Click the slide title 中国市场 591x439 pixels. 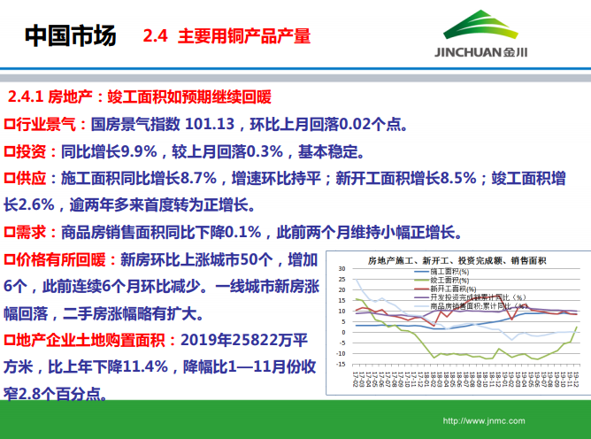point(70,36)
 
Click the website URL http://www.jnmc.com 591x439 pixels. point(483,421)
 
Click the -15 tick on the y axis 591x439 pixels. point(340,366)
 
